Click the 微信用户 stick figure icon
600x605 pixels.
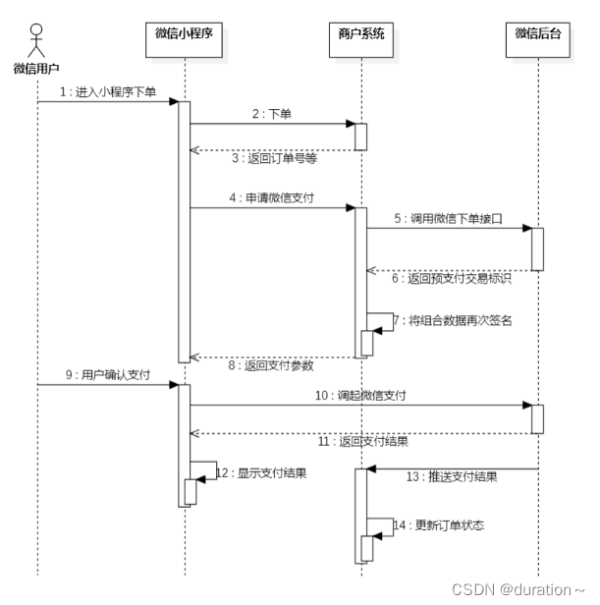click(37, 40)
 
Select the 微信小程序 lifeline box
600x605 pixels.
click(185, 35)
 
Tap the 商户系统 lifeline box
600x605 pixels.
click(360, 35)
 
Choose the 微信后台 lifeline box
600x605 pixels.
click(538, 35)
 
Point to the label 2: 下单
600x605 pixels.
click(272, 114)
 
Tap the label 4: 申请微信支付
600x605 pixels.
click(272, 197)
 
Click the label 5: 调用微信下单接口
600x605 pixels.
click(448, 218)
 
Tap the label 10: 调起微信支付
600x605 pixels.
click(360, 395)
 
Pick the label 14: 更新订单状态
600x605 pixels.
click(438, 525)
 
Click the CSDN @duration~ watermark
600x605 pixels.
click(518, 588)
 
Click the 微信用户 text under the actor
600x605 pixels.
click(37, 69)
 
